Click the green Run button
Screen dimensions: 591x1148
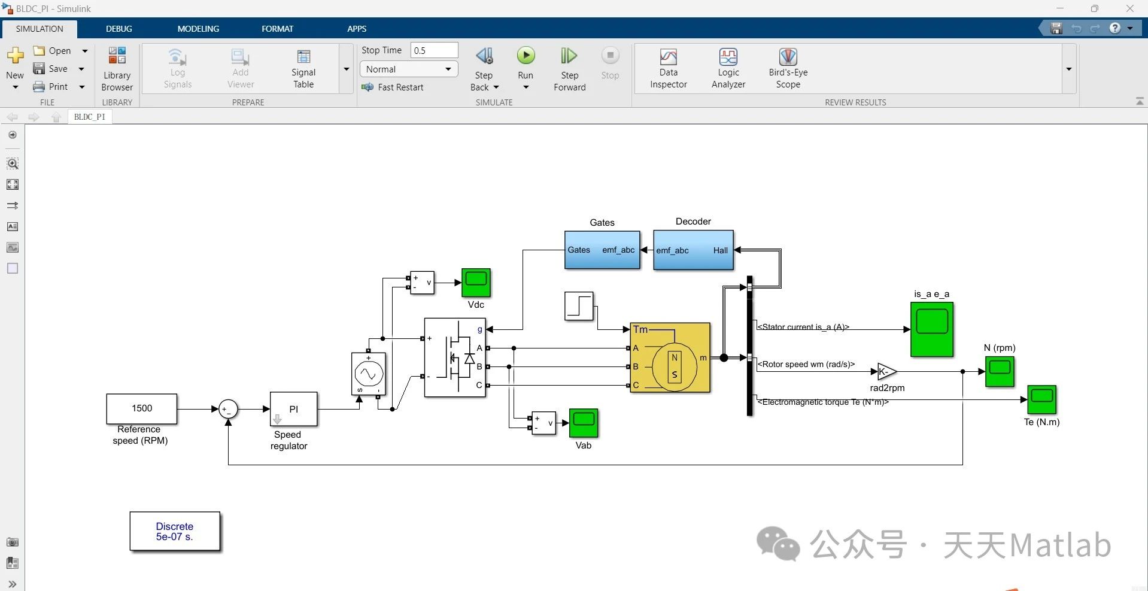click(526, 56)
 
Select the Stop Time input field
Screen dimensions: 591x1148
click(434, 50)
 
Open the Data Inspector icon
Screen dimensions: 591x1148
click(668, 58)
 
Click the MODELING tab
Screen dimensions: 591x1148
click(198, 29)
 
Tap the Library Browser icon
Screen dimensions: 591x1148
click(117, 56)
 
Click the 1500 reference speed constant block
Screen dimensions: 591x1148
click(142, 408)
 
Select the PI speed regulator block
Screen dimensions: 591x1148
click(293, 409)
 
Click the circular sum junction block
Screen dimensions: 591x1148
click(228, 409)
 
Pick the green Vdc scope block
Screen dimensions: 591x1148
click(476, 283)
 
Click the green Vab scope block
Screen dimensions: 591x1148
click(583, 423)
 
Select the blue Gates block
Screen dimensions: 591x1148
click(602, 250)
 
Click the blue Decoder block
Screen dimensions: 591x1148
click(693, 250)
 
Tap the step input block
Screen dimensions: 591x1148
click(579, 306)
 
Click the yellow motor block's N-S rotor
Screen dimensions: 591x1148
click(675, 366)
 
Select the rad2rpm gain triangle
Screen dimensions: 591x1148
click(886, 372)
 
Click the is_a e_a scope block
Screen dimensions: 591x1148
click(931, 329)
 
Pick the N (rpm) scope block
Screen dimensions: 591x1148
click(999, 371)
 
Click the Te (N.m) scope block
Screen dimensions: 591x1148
click(1041, 399)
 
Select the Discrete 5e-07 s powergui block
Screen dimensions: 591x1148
click(175, 531)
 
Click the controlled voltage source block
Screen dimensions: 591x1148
click(368, 374)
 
